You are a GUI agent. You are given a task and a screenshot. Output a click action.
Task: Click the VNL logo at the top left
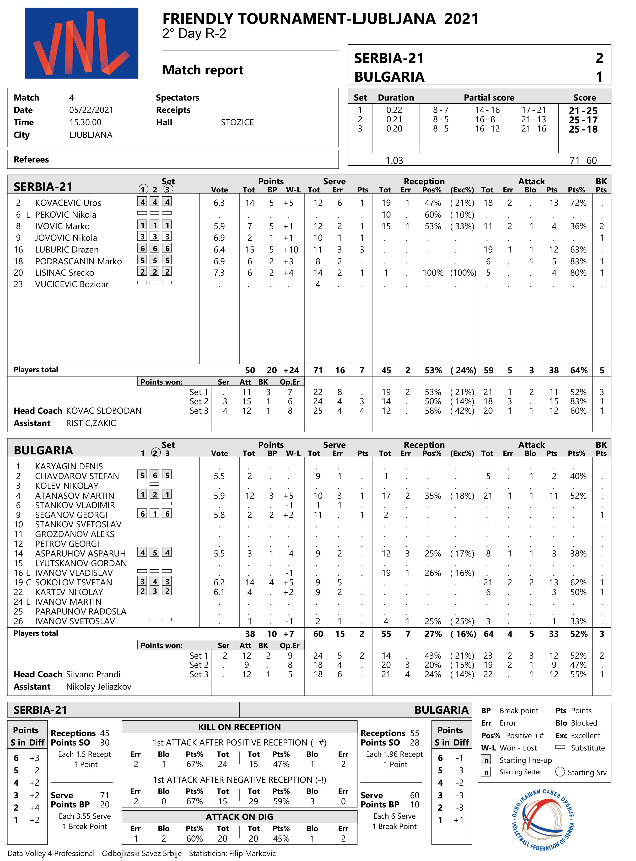pos(81,43)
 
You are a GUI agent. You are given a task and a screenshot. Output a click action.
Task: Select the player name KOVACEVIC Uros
pos(68,203)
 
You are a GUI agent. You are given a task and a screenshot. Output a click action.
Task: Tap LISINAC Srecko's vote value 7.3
pos(219,272)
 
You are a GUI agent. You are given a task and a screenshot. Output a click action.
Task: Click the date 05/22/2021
pos(91,110)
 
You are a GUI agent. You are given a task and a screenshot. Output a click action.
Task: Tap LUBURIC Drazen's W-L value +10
pos(291,249)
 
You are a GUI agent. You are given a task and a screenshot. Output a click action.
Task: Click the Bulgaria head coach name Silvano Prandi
pos(93,674)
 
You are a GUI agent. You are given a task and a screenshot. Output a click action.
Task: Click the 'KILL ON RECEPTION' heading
pos(239,727)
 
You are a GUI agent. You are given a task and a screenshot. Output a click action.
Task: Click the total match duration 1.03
pos(394,160)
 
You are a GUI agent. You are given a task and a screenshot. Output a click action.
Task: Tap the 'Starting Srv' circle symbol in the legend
pos(560,772)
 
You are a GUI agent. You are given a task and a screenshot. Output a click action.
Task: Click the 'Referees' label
pos(31,160)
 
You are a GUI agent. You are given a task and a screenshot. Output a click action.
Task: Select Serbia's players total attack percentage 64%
pos(579,370)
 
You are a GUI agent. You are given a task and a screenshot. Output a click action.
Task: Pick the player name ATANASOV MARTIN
pos(75,496)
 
